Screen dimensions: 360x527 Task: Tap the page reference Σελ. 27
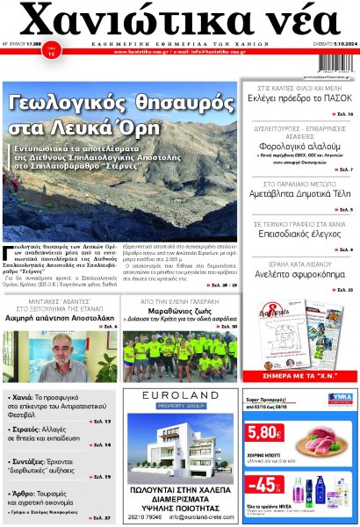(100, 517)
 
